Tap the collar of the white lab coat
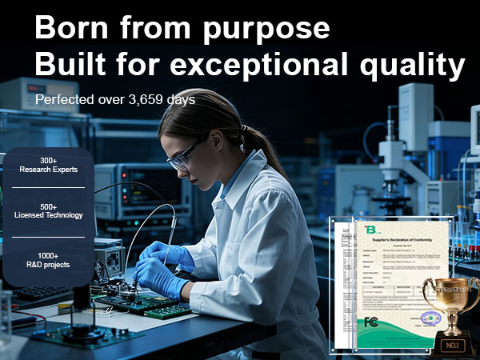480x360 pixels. [x=232, y=184]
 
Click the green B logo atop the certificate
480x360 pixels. [x=370, y=230]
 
